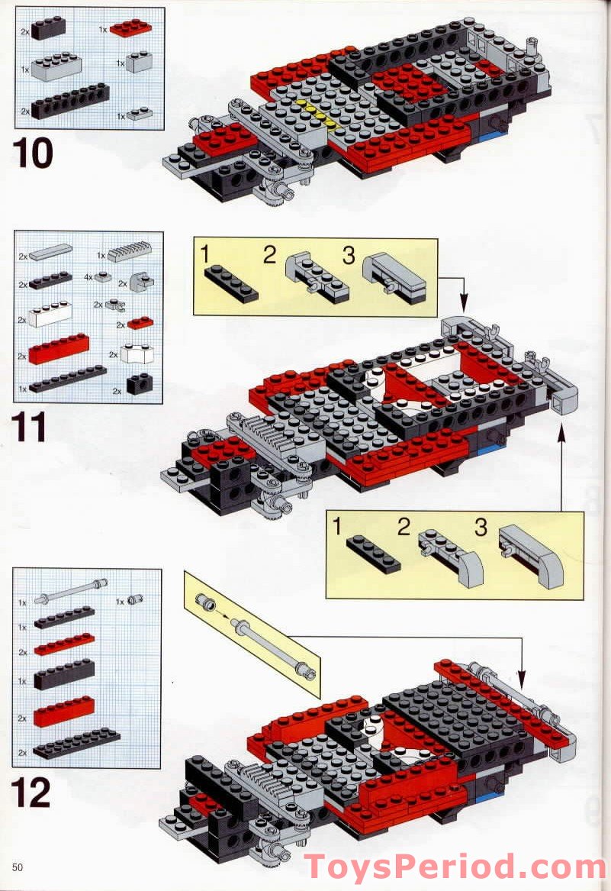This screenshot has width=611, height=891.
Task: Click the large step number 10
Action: click(33, 153)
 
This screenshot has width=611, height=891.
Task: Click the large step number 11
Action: click(31, 428)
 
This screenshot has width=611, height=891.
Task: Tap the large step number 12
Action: click(31, 793)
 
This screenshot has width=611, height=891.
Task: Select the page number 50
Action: click(17, 866)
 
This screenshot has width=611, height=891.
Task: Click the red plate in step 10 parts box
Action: click(130, 29)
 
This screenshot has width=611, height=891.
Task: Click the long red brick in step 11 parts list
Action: click(59, 349)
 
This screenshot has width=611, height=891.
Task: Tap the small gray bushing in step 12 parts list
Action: click(136, 599)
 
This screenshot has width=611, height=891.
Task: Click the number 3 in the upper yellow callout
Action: click(349, 256)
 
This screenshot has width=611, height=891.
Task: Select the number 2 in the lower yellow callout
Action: click(404, 526)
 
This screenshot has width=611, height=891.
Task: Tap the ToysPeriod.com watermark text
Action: click(455, 868)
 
